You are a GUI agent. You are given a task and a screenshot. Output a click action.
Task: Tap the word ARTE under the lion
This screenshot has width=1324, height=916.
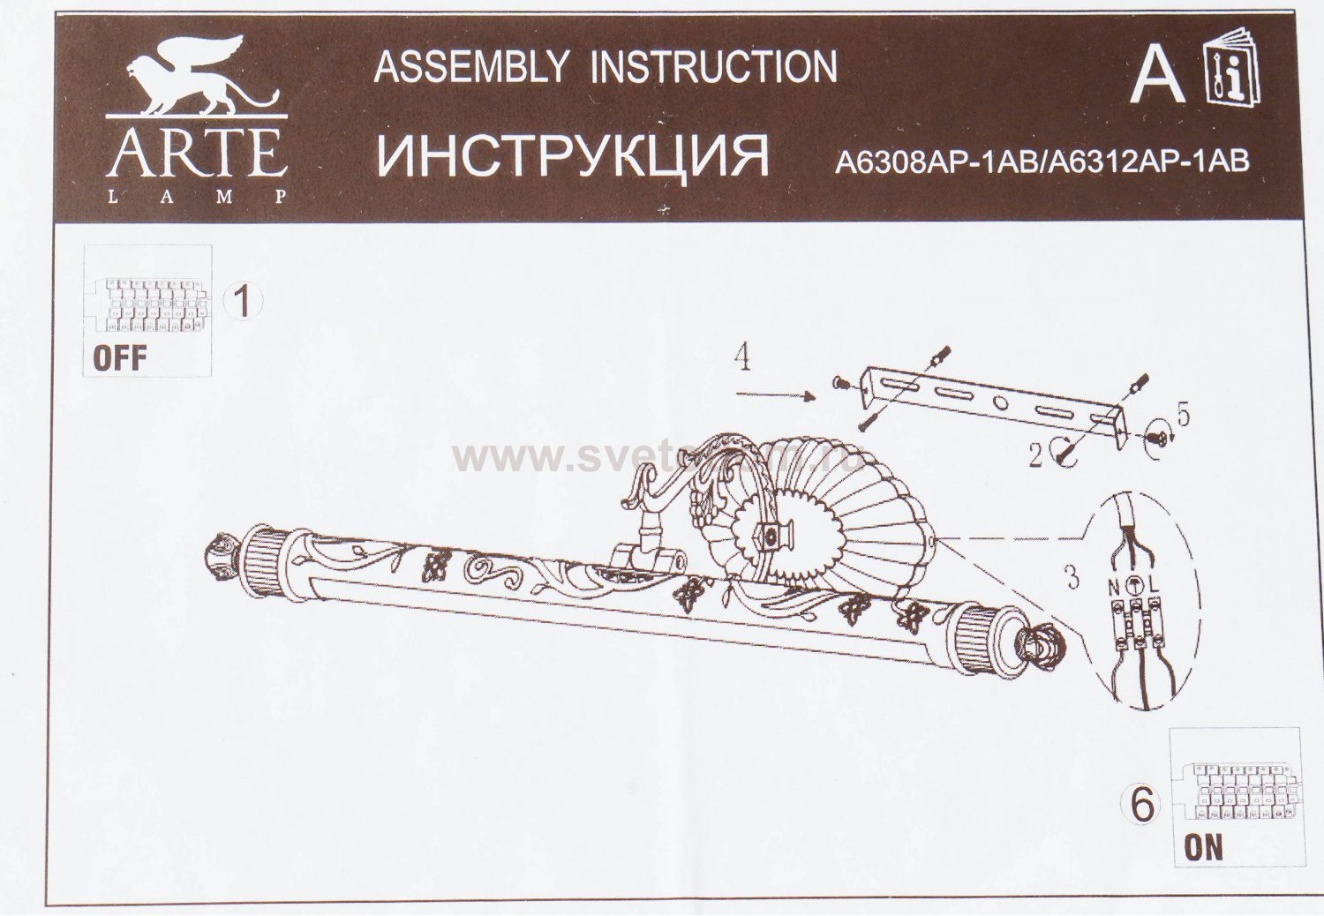pyautogui.click(x=196, y=153)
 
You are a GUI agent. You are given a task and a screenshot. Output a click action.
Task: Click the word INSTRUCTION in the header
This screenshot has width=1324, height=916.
pyautogui.click(x=712, y=67)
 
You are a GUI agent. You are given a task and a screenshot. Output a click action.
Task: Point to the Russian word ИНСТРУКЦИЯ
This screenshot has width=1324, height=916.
pyautogui.click(x=573, y=155)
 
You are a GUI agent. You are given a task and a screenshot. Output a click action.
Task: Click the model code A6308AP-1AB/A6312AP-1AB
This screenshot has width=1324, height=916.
pyautogui.click(x=1042, y=161)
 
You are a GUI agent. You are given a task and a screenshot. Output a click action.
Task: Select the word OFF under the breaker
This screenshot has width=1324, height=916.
pyautogui.click(x=120, y=358)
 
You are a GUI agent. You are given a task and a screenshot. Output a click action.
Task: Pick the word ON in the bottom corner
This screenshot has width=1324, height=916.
pyautogui.click(x=1203, y=849)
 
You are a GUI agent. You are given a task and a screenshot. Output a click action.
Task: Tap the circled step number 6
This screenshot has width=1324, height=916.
pyautogui.click(x=1141, y=805)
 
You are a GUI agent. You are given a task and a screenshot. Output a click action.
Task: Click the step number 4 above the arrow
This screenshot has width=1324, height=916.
pyautogui.click(x=744, y=361)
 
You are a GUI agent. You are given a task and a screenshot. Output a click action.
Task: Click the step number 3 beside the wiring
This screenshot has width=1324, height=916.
pyautogui.click(x=1072, y=578)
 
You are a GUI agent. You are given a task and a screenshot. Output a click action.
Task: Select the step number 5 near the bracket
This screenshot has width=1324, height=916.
pyautogui.click(x=1183, y=414)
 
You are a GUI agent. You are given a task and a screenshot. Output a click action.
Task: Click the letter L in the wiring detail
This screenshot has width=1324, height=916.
pyautogui.click(x=1155, y=584)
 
